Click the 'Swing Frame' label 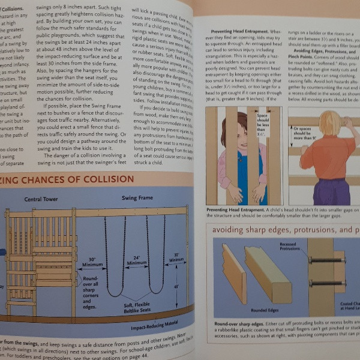[137, 197]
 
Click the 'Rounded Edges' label [264, 310]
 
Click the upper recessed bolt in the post [327, 260]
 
